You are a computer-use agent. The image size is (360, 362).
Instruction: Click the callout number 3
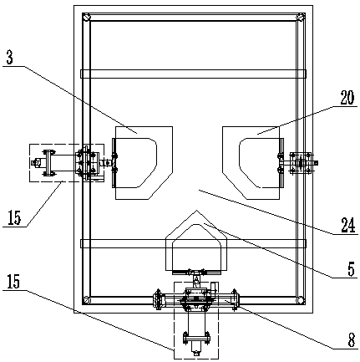[10, 59]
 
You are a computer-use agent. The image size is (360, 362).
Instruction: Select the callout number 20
[347, 98]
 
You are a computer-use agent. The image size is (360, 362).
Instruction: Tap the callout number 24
[348, 225]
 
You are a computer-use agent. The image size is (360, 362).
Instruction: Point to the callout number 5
[351, 269]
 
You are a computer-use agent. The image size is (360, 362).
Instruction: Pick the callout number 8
[352, 340]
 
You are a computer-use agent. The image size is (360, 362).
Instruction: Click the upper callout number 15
[14, 217]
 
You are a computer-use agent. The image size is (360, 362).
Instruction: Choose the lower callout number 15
[13, 282]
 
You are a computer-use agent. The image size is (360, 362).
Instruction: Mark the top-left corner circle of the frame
[87, 17]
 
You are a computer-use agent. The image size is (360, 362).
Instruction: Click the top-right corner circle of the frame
[301, 17]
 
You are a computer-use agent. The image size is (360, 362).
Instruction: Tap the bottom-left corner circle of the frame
[87, 300]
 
